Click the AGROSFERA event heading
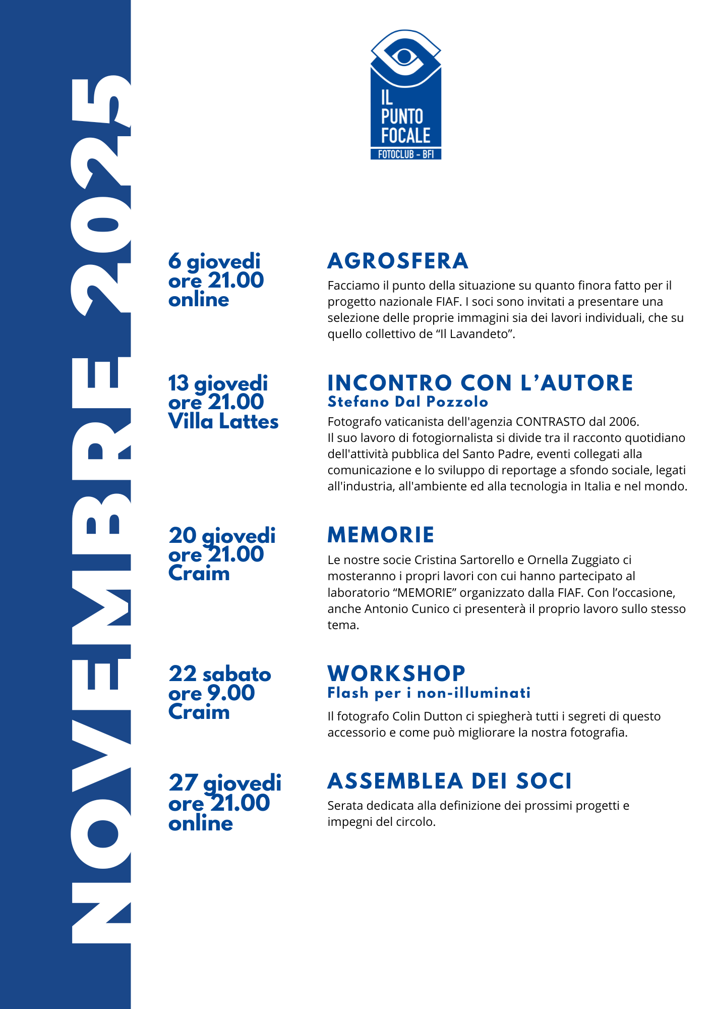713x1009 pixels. pos(398,261)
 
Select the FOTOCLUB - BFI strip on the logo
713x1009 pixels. pos(406,154)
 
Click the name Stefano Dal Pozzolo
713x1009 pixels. pos(408,402)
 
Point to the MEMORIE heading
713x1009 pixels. pos(381,535)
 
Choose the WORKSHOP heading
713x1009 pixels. pos(396,674)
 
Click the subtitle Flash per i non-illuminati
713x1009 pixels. pos(429,693)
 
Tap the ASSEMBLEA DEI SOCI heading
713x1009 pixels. pos(450,781)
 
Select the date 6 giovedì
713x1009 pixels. pos(214,261)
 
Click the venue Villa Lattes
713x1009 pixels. pos(223,422)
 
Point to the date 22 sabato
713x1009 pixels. pos(220,675)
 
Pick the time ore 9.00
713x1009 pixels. pos(212,694)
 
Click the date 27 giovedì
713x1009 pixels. pos(225,783)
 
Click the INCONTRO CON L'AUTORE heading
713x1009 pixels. pos(480,383)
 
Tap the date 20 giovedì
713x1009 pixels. pos(222,536)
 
